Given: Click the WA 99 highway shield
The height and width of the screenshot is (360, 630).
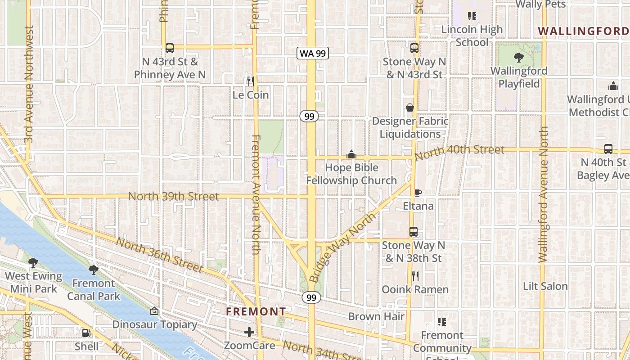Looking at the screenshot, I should (313, 53).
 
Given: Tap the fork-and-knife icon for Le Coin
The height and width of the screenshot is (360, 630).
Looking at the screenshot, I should (251, 81).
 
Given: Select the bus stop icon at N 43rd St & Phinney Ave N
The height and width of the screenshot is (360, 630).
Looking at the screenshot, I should (170, 48).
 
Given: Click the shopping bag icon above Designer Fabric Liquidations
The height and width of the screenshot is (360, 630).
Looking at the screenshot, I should (410, 108).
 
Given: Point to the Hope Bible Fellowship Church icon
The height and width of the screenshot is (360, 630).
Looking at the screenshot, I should (351, 155).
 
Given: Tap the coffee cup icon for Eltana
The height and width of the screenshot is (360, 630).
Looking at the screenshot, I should (418, 193).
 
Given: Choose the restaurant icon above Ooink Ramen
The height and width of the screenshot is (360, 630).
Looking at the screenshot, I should (415, 276).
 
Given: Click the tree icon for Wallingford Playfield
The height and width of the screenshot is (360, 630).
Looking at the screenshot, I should (518, 58).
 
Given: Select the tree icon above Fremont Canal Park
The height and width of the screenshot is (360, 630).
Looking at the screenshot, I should (94, 270).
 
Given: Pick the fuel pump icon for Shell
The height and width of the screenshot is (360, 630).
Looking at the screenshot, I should (86, 333).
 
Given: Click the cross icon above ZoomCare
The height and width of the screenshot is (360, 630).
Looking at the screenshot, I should (249, 333).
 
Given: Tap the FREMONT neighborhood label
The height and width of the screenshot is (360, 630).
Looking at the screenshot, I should (256, 311).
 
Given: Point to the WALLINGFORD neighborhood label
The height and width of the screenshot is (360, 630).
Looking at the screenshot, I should (584, 31).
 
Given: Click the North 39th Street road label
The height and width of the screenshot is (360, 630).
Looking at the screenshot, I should (174, 197).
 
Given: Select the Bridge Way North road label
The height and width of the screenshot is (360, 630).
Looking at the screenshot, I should (343, 247).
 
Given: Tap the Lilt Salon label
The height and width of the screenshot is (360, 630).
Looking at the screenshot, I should (545, 286).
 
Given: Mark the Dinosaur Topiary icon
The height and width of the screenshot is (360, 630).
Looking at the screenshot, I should (154, 311).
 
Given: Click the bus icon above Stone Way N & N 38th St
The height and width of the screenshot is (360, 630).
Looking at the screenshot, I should (413, 232).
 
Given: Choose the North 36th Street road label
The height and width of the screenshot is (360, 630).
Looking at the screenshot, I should (160, 255).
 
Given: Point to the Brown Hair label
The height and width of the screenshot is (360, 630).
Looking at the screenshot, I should (376, 316).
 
